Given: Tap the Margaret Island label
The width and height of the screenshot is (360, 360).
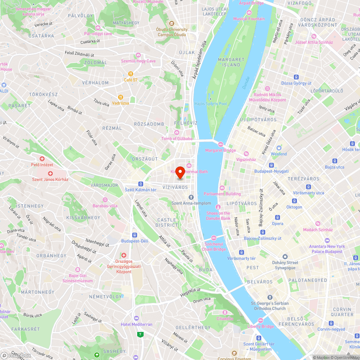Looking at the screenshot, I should pyautogui.click(x=231, y=62).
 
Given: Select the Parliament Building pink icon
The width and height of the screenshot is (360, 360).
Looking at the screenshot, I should pyautogui.click(x=222, y=188).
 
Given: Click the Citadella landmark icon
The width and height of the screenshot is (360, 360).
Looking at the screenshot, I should pyautogui.click(x=225, y=312).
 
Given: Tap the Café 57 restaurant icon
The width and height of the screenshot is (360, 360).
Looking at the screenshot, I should pyautogui.click(x=131, y=73).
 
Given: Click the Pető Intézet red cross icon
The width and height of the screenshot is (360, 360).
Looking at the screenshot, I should pyautogui.click(x=42, y=159).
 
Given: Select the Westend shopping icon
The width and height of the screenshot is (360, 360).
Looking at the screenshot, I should pyautogui.click(x=279, y=148).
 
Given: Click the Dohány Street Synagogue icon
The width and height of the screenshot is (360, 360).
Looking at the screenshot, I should pyautogui.click(x=285, y=257).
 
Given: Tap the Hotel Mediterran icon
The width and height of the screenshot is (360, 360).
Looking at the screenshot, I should pyautogui.click(x=136, y=318).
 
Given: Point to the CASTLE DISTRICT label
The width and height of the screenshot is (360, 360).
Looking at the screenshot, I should pyautogui.click(x=167, y=222).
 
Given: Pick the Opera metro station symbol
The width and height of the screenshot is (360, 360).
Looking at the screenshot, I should pyautogui.click(x=277, y=217).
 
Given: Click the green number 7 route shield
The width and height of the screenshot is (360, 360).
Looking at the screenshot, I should pyautogui.click(x=140, y=334).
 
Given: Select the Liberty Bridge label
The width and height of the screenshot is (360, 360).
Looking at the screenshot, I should pyautogui.click(x=261, y=327).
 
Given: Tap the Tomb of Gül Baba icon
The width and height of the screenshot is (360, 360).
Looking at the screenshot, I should pyautogui.click(x=176, y=132).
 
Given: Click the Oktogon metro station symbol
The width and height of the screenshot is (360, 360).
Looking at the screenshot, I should pyautogui.click(x=294, y=201).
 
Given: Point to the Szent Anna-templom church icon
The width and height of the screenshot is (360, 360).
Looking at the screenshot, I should pyautogui.click(x=191, y=197).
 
